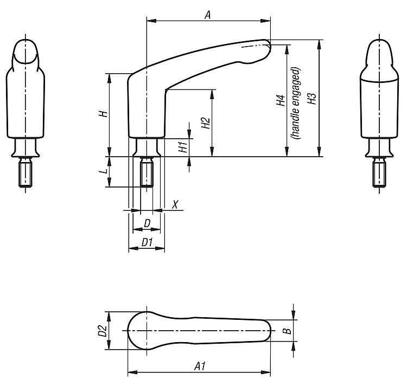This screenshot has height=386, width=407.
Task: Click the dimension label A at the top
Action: [207, 15]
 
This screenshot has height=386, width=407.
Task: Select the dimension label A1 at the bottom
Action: [200, 366]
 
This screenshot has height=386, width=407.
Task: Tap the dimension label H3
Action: [311, 99]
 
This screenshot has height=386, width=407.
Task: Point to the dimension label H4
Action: [281, 100]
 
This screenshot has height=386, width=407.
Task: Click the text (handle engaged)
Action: [296, 103]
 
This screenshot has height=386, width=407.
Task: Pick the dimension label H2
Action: [206, 123]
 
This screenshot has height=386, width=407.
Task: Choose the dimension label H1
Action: [183, 147]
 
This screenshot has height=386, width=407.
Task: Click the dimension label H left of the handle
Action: [104, 113]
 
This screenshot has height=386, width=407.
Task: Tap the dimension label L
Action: [104, 171]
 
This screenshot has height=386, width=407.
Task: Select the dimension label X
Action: [175, 204]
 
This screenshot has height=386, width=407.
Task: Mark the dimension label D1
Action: [147, 242]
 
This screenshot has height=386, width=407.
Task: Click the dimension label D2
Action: [103, 331]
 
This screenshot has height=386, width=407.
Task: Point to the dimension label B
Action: [287, 331]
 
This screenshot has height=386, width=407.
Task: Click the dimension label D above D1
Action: [147, 223]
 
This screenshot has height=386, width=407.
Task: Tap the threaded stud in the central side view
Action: [147, 172]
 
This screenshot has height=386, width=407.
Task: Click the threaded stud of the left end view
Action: [26, 172]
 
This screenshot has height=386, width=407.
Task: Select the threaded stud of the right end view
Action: [379, 172]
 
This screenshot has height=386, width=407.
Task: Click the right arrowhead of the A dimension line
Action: [265, 21]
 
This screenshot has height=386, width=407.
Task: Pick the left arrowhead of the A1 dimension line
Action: [132, 372]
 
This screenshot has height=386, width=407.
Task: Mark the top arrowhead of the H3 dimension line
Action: [319, 44]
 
